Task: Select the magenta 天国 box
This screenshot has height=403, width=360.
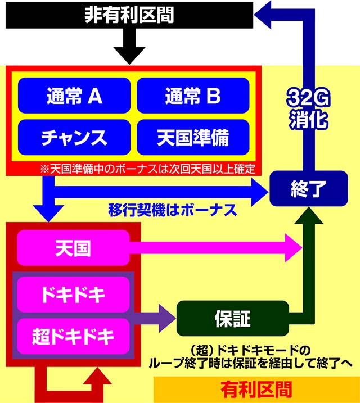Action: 74,248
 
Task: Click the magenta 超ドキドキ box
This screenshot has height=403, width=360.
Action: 74,336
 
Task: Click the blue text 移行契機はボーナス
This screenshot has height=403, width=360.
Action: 172,211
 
